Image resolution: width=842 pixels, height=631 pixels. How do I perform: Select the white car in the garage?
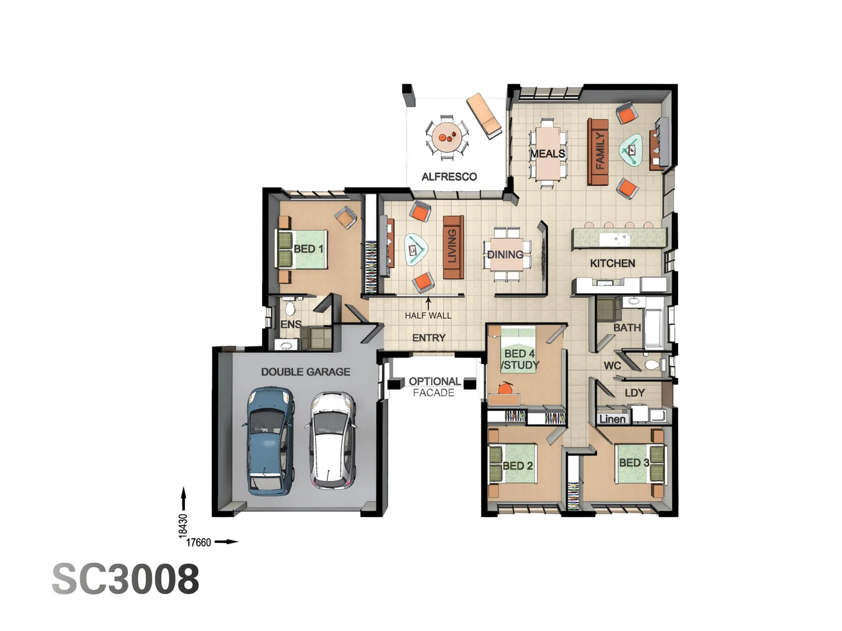[332, 440]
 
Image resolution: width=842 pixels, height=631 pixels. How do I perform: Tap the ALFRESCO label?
[449, 176]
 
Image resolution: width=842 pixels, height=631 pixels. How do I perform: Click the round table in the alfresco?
[447, 137]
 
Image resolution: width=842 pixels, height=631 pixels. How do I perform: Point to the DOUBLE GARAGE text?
[305, 372]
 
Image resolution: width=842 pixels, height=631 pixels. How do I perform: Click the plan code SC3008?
[126, 579]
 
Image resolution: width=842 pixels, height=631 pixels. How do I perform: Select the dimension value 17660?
[198, 542]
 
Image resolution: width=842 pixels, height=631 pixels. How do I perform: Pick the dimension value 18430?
[183, 525]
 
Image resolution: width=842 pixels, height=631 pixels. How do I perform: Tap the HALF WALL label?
[428, 315]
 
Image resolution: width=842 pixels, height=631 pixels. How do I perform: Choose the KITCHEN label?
[612, 264]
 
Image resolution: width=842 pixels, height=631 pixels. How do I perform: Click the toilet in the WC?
[651, 365]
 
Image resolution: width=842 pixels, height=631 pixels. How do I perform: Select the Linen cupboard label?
[612, 419]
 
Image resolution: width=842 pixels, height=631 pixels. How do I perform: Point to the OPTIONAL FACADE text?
[434, 387]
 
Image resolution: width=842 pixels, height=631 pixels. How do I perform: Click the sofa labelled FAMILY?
[598, 151]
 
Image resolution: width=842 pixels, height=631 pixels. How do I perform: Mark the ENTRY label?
[429, 338]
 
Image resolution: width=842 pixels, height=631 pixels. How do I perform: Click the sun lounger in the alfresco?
[484, 116]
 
